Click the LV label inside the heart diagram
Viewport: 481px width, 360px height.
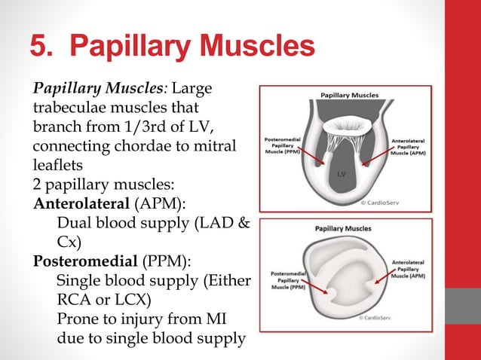coord(341,175)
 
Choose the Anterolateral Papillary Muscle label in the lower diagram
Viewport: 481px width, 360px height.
coord(408,269)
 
